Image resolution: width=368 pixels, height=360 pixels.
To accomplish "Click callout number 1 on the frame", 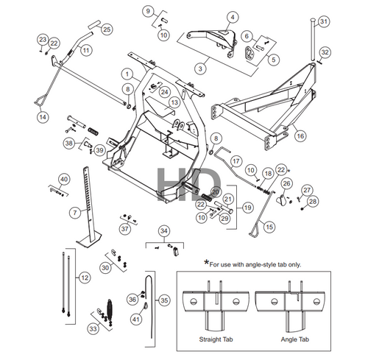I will coord(128,74).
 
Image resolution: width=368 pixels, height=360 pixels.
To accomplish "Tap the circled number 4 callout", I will coord(232,16).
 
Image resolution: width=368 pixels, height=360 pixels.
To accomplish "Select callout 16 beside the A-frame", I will coord(300,135).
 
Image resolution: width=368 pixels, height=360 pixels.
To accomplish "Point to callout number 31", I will coord(324,21).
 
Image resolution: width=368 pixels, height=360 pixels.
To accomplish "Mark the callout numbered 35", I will coord(164,300).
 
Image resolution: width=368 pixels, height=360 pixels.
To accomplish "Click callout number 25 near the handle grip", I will coord(107,29).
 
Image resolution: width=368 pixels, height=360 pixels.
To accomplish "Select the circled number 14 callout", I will coord(42,116).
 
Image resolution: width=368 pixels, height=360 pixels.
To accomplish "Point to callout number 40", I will coord(64,179).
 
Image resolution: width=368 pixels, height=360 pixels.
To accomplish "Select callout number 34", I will coord(163,231).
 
